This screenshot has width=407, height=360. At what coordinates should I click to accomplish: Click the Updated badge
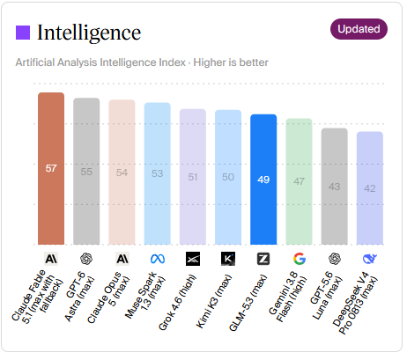tap(359, 29)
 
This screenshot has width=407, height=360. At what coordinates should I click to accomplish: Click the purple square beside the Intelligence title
tap(23, 33)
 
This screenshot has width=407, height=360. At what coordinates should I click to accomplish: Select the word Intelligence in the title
tap(89, 33)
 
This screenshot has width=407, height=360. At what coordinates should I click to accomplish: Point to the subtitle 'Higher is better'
tap(231, 62)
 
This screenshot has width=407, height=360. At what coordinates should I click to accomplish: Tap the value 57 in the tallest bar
tap(51, 168)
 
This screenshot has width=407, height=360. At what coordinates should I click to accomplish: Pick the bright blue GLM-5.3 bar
tap(263, 180)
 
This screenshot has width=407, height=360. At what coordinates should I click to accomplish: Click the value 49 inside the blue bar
tap(263, 180)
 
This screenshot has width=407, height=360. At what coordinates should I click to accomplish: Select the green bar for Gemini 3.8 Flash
tap(299, 181)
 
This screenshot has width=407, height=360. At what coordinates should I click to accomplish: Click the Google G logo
tap(300, 259)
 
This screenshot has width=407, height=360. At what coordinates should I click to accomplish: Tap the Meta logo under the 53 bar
tap(158, 259)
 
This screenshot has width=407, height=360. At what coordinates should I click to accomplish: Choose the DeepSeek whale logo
tap(370, 259)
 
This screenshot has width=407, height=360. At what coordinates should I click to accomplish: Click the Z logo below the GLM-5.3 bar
tap(263, 259)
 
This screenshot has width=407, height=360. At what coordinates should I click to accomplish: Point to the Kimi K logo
tap(228, 259)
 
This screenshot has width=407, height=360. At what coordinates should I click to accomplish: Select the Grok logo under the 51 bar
tap(193, 259)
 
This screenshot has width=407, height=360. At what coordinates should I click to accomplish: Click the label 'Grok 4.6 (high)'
tap(177, 303)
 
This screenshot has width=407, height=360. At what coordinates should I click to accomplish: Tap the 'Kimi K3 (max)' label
tap(214, 301)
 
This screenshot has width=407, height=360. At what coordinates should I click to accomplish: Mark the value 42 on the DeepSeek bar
tap(370, 188)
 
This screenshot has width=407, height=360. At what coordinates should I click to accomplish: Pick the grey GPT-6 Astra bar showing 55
tap(86, 171)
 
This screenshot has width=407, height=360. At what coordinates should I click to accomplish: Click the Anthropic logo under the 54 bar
tap(122, 259)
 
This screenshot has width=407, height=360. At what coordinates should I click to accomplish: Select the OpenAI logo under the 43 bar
tap(335, 259)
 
